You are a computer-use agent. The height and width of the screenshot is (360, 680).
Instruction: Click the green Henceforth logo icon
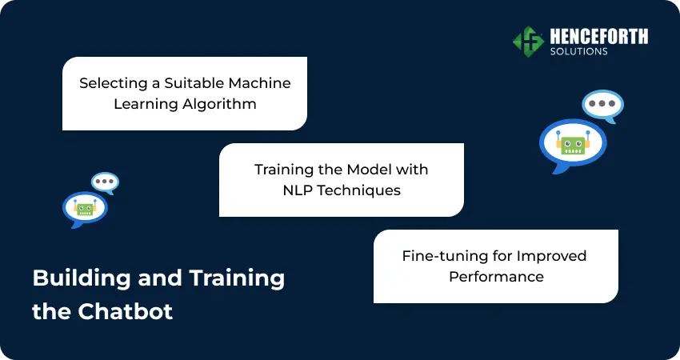click(528, 42)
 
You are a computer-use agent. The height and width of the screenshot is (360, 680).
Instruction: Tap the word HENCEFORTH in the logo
click(599, 37)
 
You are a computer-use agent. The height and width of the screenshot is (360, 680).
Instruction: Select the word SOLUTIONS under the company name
click(579, 51)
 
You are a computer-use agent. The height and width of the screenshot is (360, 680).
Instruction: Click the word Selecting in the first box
click(114, 83)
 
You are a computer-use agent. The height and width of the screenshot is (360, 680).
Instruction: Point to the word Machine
click(260, 82)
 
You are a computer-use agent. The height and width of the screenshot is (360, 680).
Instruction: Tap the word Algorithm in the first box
click(219, 104)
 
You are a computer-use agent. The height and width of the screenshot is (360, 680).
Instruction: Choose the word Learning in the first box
click(146, 104)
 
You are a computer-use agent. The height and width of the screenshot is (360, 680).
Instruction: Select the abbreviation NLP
click(298, 190)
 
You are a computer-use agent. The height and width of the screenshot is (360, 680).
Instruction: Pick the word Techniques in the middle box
click(359, 190)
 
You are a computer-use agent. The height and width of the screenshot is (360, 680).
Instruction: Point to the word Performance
click(496, 276)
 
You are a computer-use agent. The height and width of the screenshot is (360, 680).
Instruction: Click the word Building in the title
click(82, 278)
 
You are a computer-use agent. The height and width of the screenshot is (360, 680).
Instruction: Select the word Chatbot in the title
click(126, 311)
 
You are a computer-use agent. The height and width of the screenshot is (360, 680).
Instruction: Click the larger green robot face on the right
click(573, 144)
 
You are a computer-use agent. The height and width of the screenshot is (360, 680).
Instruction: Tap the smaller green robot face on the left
click(85, 208)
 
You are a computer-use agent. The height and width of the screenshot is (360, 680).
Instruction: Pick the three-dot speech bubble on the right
click(603, 106)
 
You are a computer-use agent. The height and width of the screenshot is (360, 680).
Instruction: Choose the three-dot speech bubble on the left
click(105, 182)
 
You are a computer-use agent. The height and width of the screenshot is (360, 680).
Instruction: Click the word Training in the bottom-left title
click(237, 278)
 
